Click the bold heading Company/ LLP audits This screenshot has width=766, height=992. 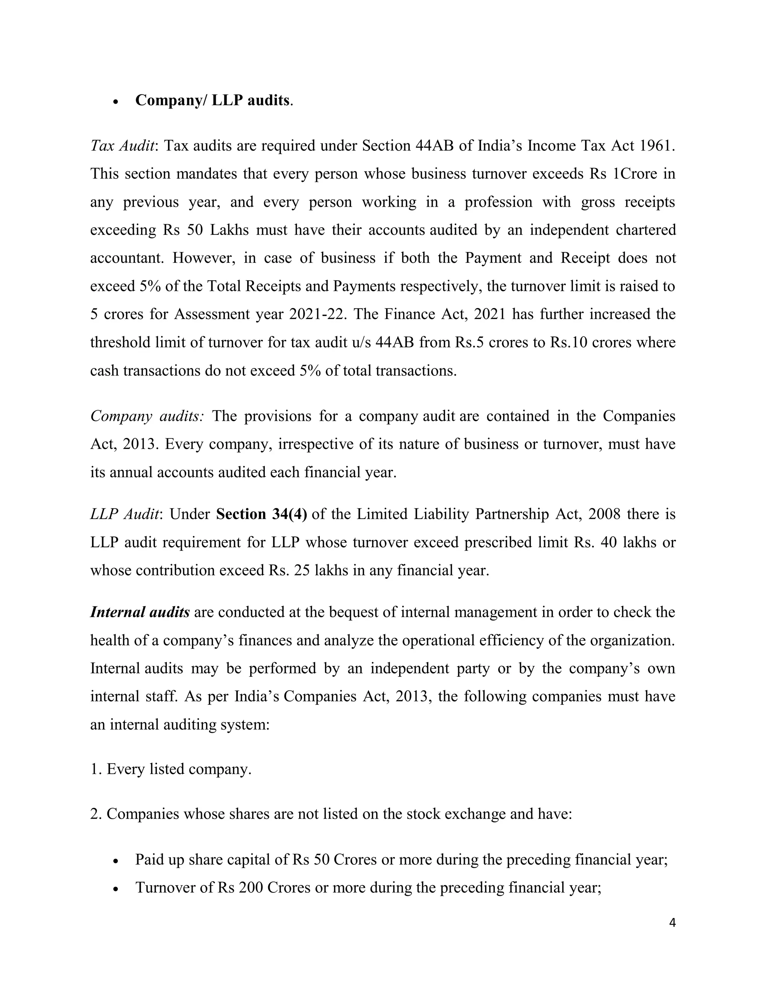pyautogui.click(x=212, y=100)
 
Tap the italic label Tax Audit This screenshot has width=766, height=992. pyautogui.click(x=122, y=146)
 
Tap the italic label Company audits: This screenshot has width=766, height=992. pyautogui.click(x=147, y=416)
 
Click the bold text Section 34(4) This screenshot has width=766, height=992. pyautogui.click(x=261, y=514)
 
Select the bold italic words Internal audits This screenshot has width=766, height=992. pyautogui.click(x=140, y=612)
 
